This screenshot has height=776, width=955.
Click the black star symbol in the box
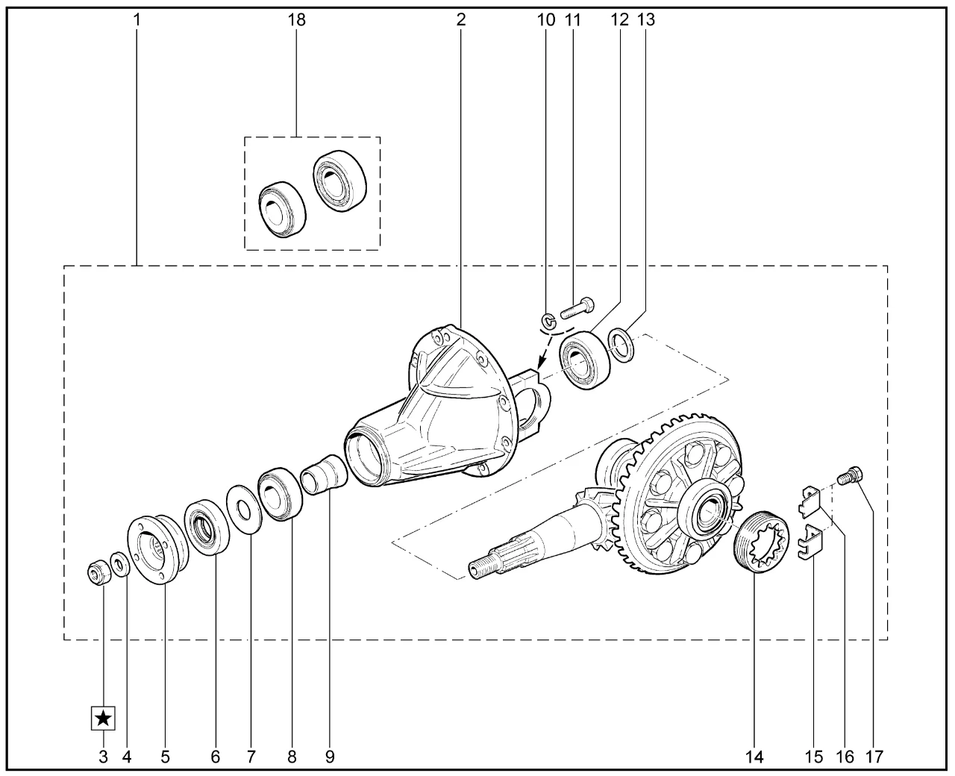(x=104, y=719)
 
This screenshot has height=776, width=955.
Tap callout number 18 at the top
(x=296, y=19)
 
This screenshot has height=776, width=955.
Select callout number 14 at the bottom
(x=754, y=757)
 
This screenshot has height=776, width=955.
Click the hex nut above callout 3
(x=99, y=572)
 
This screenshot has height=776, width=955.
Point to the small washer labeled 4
(x=120, y=564)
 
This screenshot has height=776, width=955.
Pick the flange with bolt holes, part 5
(x=158, y=550)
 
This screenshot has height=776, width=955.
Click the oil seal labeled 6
(x=207, y=526)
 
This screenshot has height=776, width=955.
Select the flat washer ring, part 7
(x=244, y=510)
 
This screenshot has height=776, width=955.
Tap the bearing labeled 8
(x=281, y=495)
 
